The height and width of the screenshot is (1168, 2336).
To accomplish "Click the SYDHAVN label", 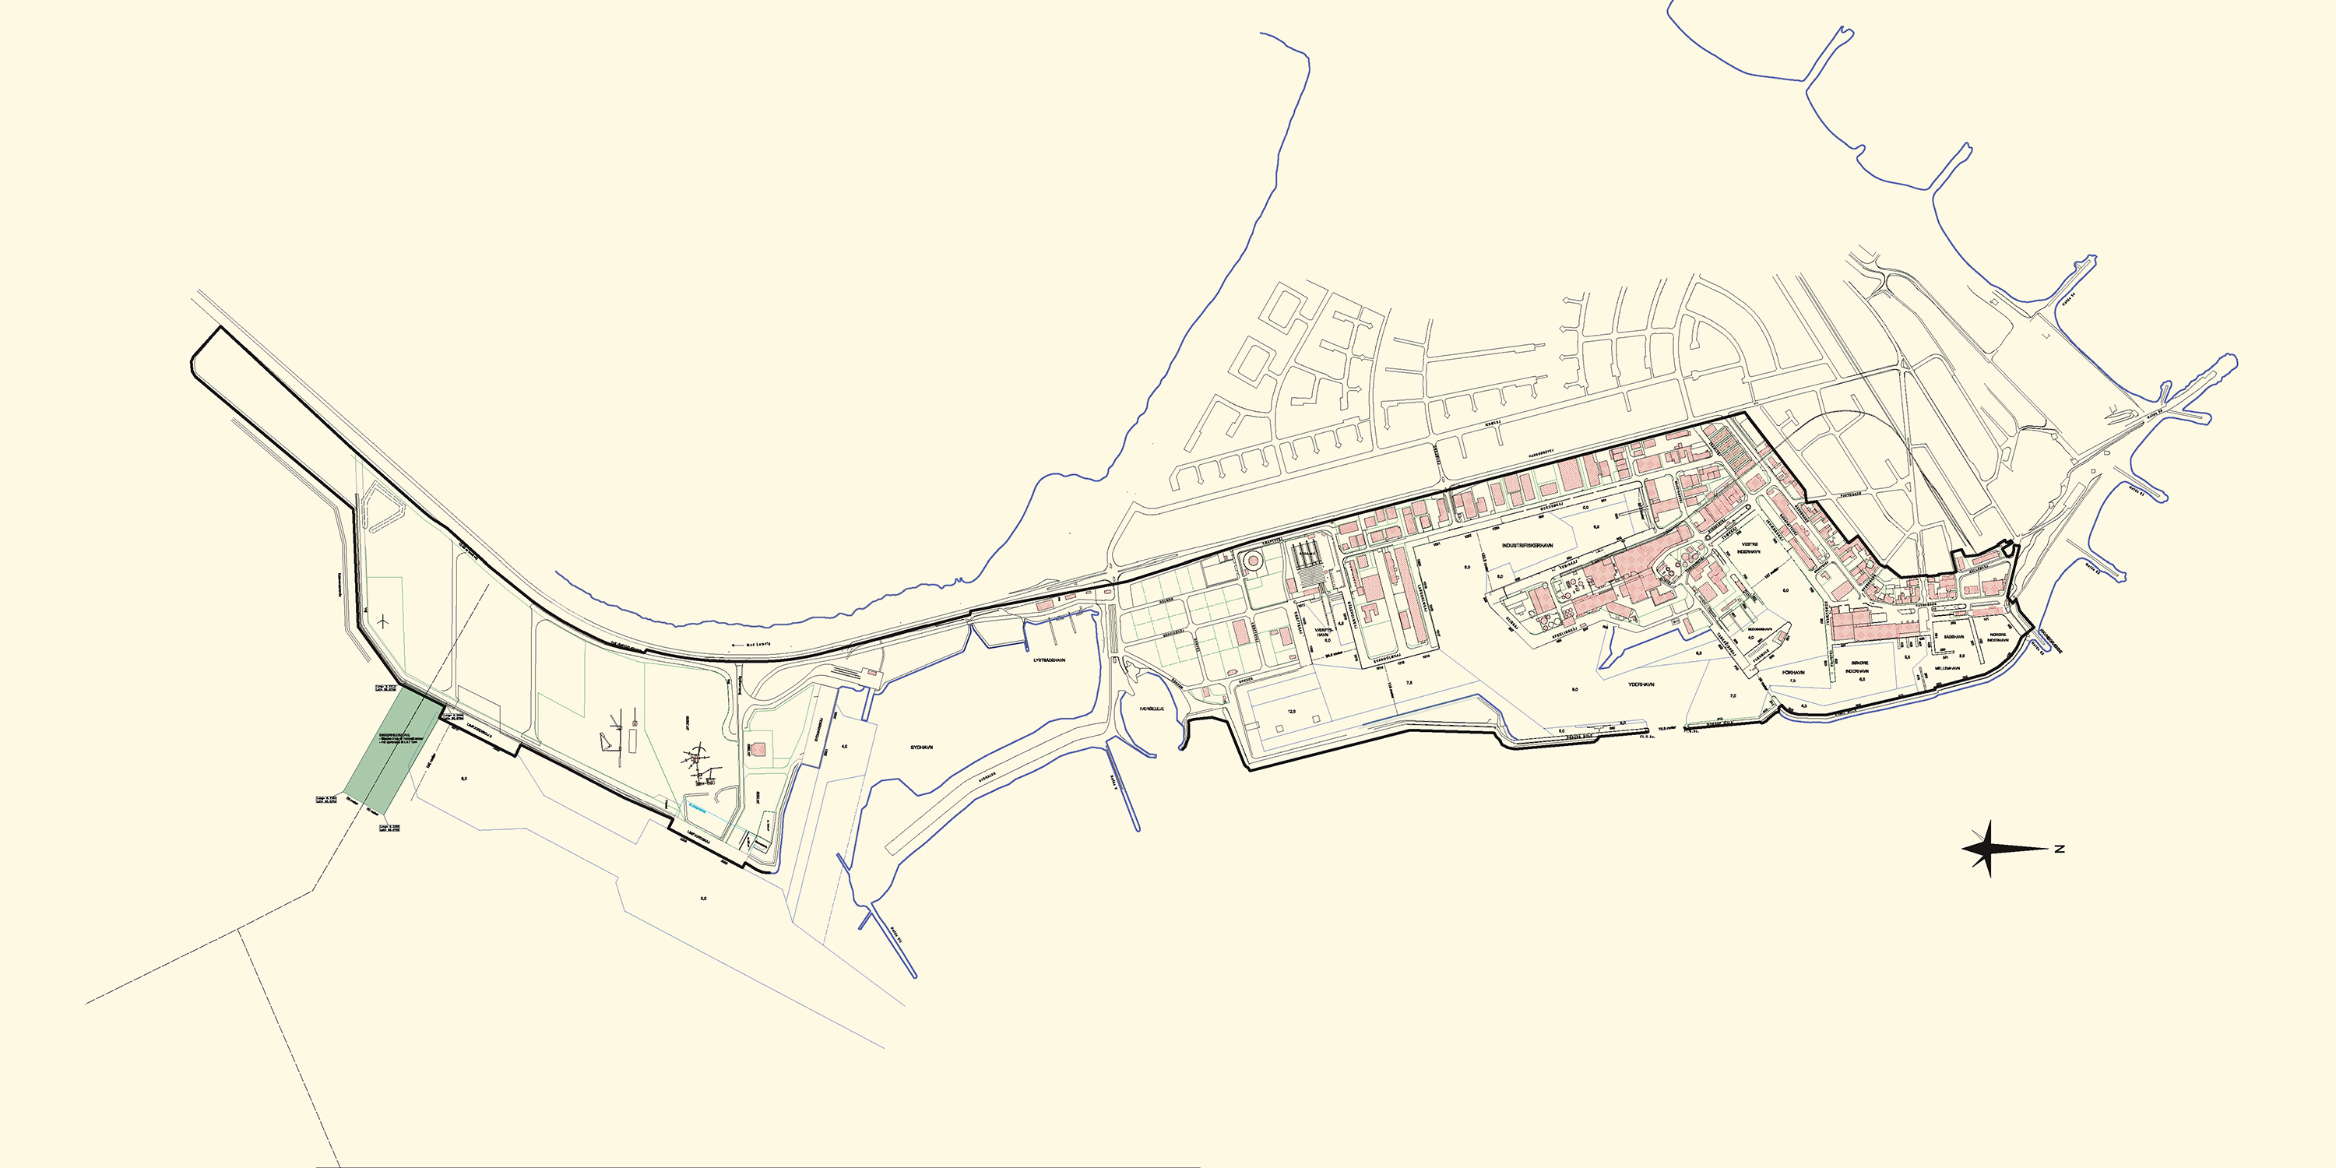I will tap(921, 748).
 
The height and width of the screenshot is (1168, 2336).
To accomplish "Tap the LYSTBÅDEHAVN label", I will tap(1049, 660).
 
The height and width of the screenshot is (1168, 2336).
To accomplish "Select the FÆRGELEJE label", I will tap(1152, 709).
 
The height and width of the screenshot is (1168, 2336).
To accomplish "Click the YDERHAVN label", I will tap(1641, 684).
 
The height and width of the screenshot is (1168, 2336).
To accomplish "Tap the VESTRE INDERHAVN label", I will tap(1750, 547).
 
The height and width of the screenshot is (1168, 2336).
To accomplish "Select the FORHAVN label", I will tap(1792, 673).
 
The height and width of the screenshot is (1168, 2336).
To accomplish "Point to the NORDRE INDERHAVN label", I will tap(1998, 637).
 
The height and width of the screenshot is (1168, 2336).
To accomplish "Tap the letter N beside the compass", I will tap(2060, 849).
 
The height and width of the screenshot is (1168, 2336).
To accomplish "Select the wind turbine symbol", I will tap(385, 622).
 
